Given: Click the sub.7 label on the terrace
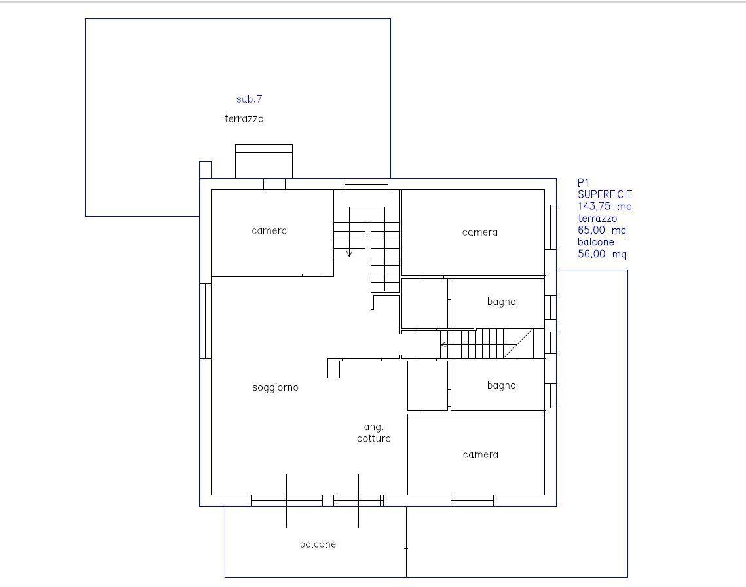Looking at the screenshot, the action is [x=249, y=99].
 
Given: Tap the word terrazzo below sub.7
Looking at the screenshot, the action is [x=244, y=118].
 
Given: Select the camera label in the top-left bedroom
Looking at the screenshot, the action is [x=269, y=230].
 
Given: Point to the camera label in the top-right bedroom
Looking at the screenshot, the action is [x=480, y=232].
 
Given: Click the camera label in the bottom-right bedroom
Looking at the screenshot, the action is [x=481, y=454].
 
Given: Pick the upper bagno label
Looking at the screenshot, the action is [x=502, y=302].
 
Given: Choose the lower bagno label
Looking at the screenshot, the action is [x=502, y=385].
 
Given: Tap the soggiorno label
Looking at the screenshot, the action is [x=276, y=387].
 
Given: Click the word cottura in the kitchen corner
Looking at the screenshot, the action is [x=374, y=438].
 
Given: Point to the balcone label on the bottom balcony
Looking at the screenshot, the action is [x=318, y=544].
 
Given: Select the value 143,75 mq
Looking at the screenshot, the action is [x=605, y=206].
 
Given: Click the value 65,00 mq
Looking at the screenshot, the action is [x=602, y=230].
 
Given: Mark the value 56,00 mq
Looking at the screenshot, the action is [x=602, y=254].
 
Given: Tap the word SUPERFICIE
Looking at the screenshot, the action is [x=605, y=194].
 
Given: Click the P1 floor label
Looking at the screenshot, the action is [x=584, y=183].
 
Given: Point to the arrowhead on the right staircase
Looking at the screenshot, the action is [x=443, y=344].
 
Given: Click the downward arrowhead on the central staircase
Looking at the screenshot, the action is [x=350, y=253].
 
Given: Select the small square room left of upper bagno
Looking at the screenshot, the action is [x=425, y=303].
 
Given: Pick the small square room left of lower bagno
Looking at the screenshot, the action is [x=428, y=385].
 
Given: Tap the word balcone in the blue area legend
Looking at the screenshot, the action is [x=595, y=242].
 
